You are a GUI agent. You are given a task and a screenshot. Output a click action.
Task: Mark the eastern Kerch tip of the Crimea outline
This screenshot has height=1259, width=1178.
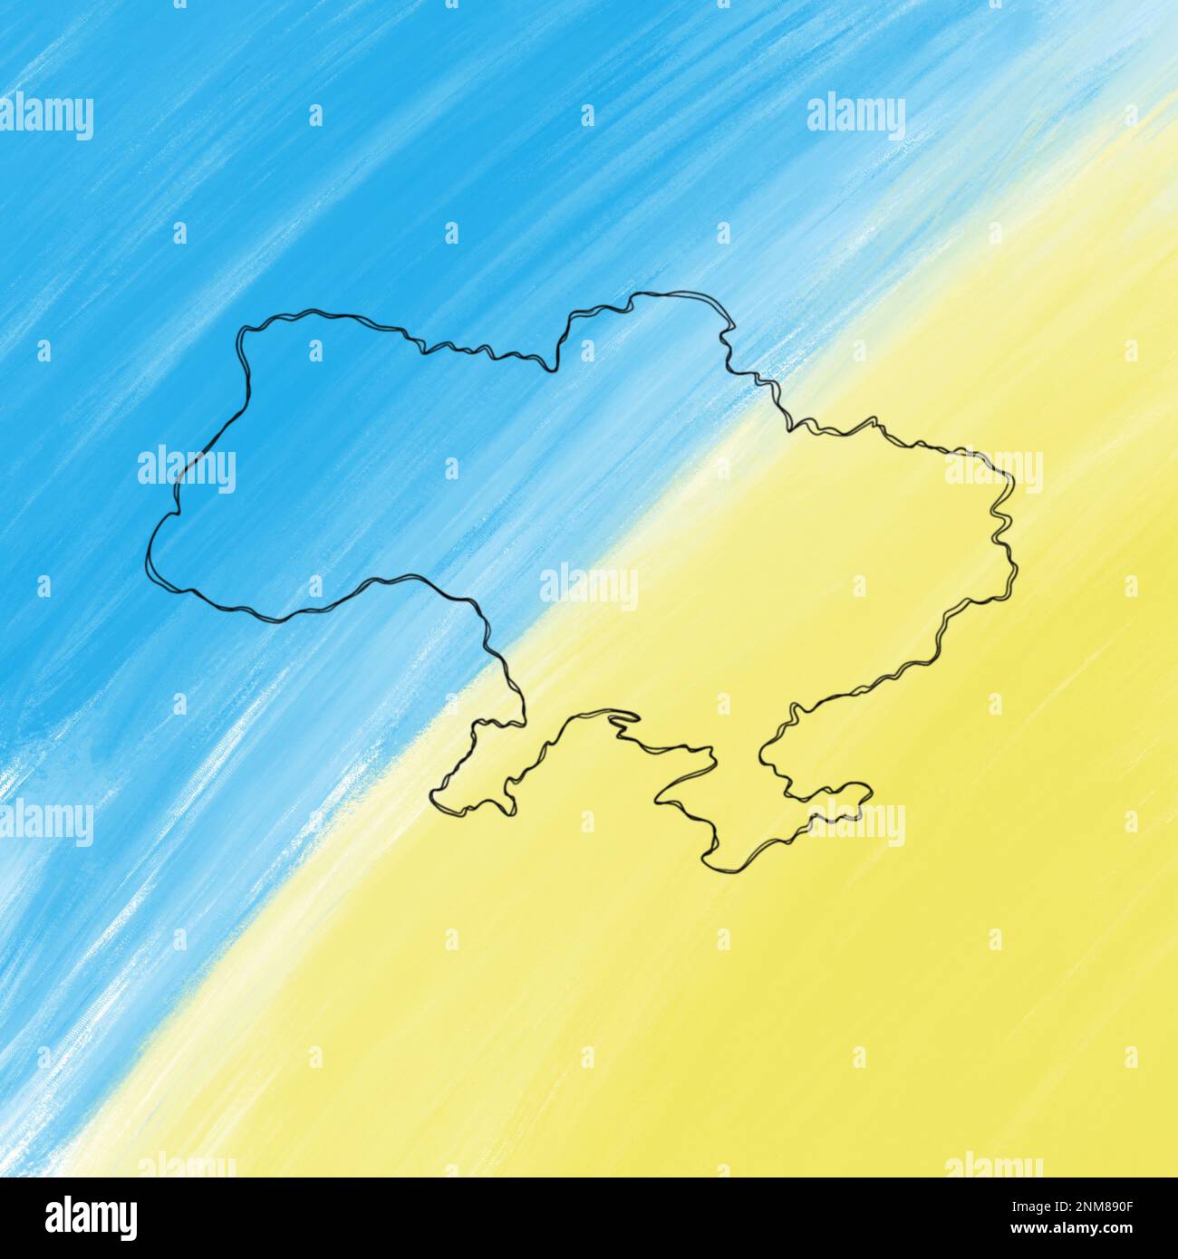pos(871,791)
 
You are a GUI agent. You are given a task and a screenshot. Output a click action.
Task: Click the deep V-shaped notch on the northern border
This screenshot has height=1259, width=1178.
pos(547,368)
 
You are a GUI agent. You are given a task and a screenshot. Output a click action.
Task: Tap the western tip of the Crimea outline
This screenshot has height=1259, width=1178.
pos(657,797)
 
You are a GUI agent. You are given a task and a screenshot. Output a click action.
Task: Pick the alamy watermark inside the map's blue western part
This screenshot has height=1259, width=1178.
pos(187,468)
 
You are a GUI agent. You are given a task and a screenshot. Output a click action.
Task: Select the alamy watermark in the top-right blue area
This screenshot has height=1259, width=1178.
pos(855,116)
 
